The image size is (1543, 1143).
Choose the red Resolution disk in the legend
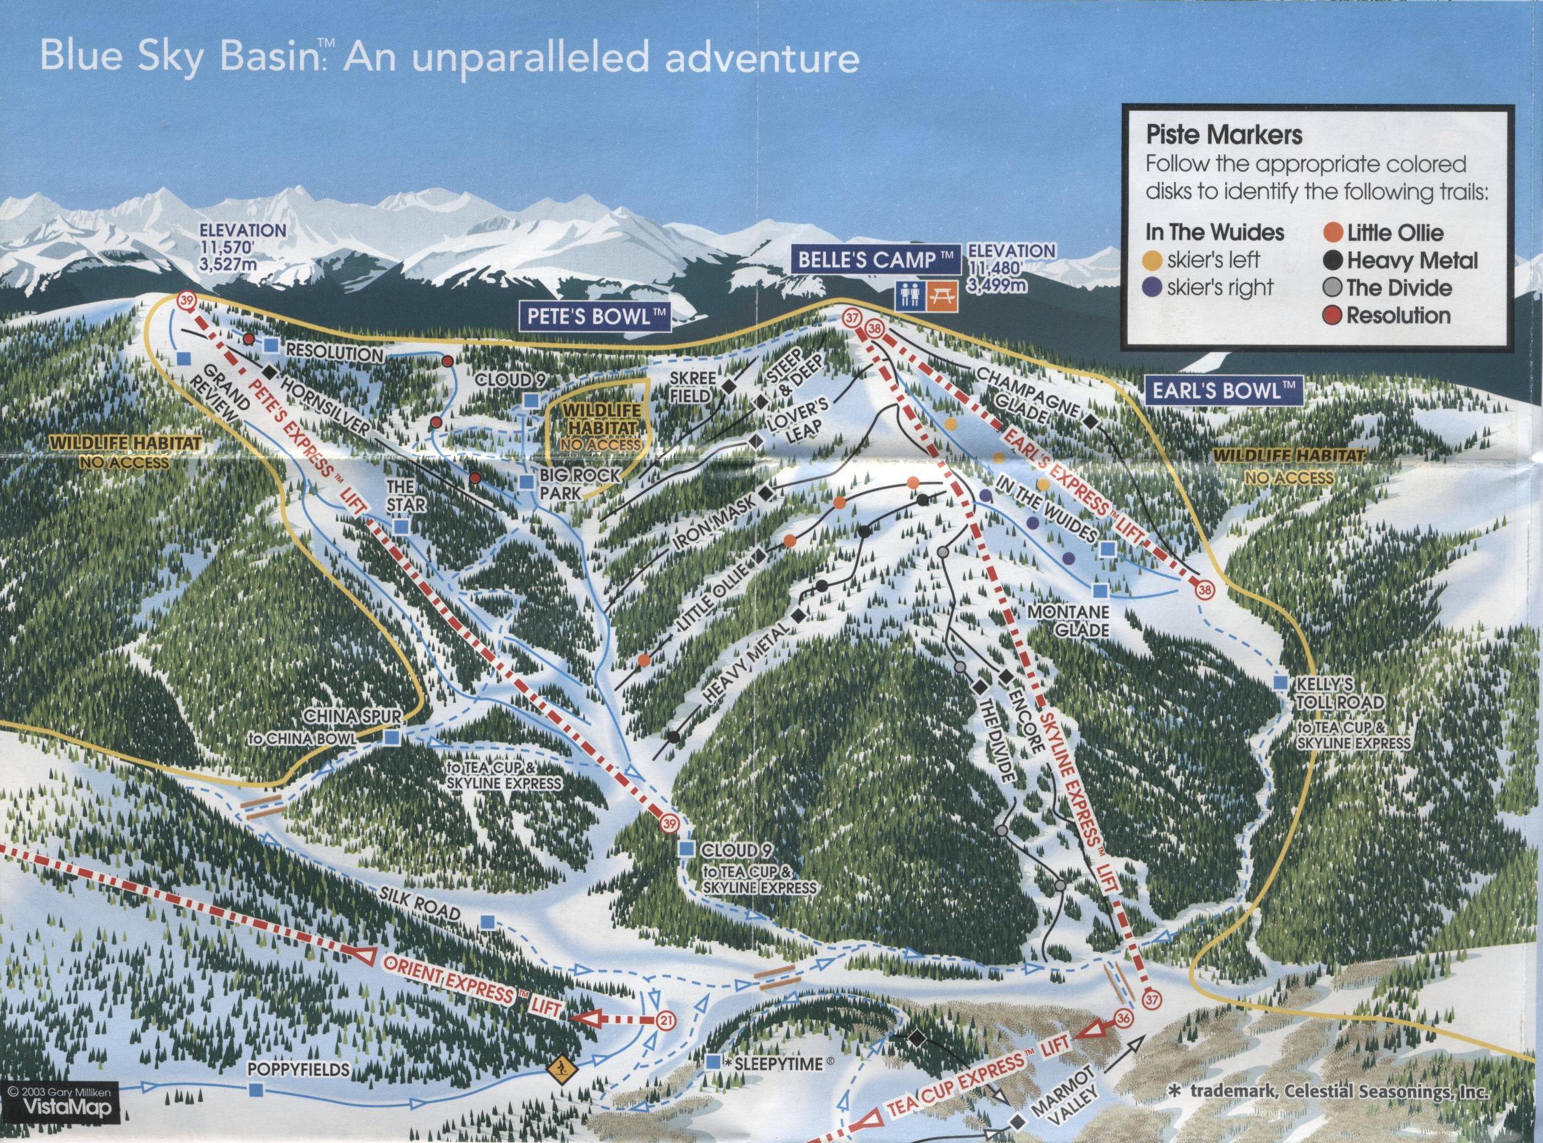(1334, 315)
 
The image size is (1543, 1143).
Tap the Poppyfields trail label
(297, 1070)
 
